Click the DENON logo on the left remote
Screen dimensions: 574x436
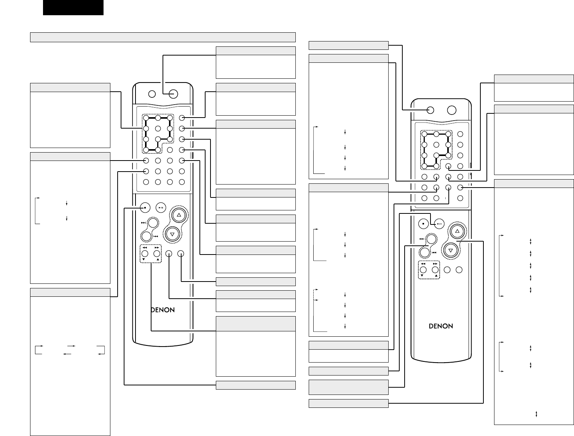tap(162, 310)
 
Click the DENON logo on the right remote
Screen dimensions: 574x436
tap(441, 326)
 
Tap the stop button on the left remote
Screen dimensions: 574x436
tap(145, 208)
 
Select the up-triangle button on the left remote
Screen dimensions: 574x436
tap(178, 215)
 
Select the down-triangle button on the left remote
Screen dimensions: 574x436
tap(172, 234)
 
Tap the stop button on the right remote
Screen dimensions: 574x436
tap(423, 224)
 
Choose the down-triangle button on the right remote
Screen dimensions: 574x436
tap(451, 250)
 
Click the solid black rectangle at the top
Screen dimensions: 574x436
tap(73, 8)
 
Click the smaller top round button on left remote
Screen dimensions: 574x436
tap(152, 94)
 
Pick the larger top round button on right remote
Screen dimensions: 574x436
tap(452, 110)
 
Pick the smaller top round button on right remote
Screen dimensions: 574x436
tap(430, 110)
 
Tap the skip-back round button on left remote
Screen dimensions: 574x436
tap(147, 236)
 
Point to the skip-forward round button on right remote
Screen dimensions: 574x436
tap(431, 239)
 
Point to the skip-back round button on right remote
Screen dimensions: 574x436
tap(425, 252)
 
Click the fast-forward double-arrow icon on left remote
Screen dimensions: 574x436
tap(156, 247)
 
